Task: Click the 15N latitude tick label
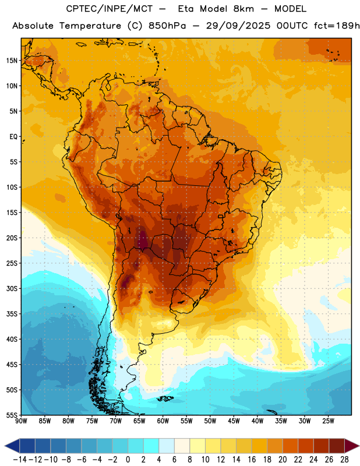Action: (12, 61)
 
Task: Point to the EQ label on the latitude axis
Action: (13, 137)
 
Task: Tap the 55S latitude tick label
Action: (12, 415)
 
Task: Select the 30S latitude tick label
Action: (12, 288)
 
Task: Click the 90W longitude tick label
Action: (21, 421)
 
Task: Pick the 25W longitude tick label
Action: (328, 421)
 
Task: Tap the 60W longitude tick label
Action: (163, 421)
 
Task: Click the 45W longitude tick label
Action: (234, 421)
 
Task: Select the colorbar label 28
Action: (344, 460)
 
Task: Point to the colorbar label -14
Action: (20, 460)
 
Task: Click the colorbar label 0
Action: (128, 460)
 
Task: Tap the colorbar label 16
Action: (252, 460)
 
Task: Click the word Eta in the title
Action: (186, 9)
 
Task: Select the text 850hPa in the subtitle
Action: (167, 26)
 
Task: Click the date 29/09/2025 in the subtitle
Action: (238, 26)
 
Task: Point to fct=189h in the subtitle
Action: (337, 26)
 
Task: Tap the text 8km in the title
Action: (243, 9)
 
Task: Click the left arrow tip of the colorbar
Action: (5, 446)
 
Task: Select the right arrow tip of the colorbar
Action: (359, 446)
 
